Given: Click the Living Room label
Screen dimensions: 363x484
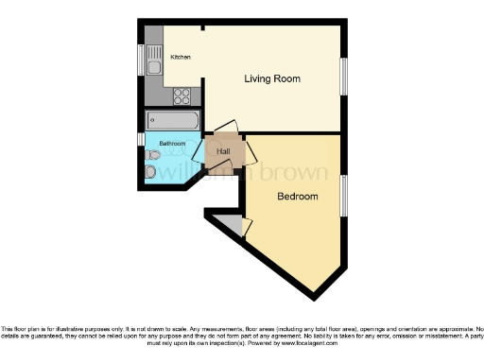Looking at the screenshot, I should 272,78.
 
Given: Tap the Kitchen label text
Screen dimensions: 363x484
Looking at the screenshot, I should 180,58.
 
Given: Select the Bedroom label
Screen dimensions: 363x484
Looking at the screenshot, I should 297,197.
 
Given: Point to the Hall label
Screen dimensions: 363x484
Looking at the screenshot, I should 223,151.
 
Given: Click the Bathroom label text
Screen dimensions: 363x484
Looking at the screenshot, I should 171,144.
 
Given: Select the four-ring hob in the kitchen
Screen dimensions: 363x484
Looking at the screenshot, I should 181,95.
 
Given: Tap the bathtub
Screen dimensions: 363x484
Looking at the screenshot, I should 173,121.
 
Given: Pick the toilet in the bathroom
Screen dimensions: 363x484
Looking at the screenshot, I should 151,171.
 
